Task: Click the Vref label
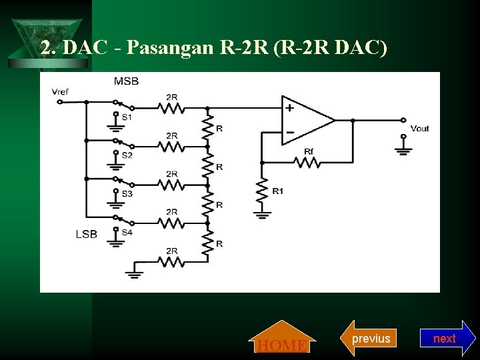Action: click(60, 91)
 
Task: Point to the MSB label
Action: click(126, 81)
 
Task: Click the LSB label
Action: click(86, 233)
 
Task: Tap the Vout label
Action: click(419, 128)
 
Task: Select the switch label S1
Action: click(127, 117)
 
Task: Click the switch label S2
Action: click(127, 155)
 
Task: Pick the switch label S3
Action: click(127, 193)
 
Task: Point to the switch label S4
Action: click(127, 231)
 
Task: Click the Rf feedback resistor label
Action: click(309, 151)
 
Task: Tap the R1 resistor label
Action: click(277, 191)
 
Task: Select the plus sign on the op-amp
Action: click(290, 107)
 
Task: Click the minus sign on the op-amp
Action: click(290, 132)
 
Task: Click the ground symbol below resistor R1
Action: click(262, 213)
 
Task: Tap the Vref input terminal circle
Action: click(59, 102)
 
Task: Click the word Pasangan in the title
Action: click(165, 48)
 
